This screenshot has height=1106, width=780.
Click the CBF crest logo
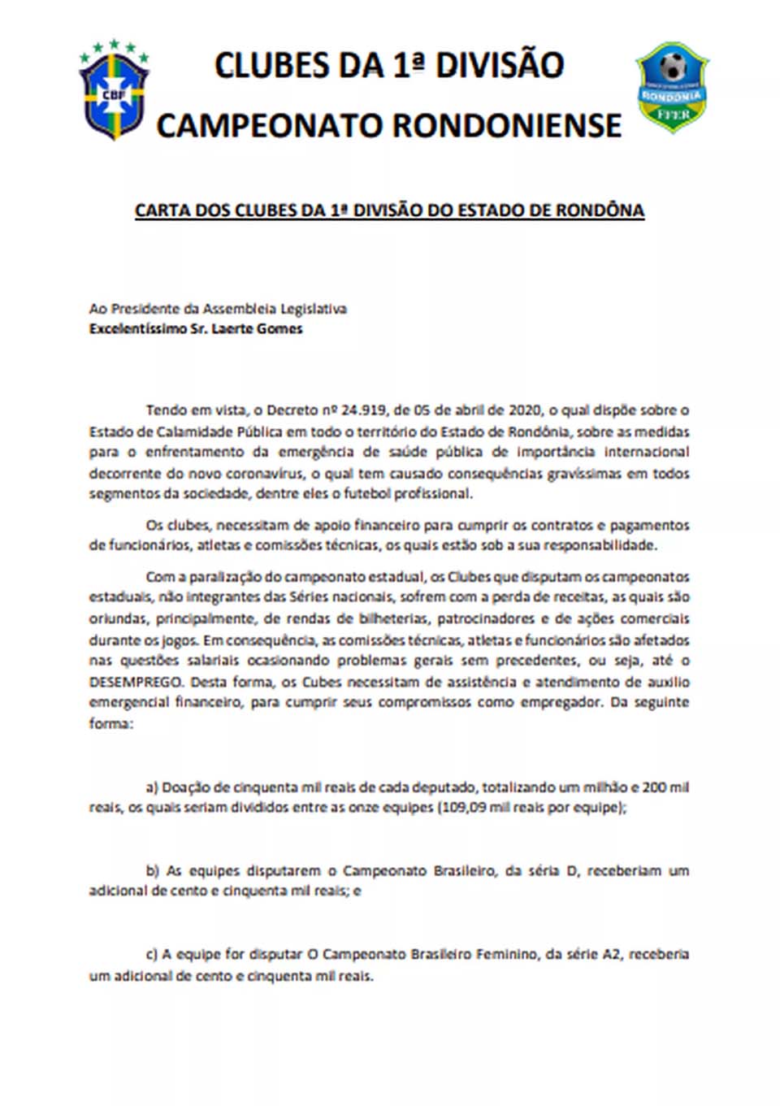(114, 91)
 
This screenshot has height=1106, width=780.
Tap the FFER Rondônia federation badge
(672, 88)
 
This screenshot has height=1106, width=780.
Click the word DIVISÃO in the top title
(500, 66)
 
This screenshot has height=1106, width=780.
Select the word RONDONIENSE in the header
(507, 126)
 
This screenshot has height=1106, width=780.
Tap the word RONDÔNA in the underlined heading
(600, 210)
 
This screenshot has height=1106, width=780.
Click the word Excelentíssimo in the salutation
(137, 329)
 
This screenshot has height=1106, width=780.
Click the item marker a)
(152, 787)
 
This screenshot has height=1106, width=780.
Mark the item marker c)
(152, 955)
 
